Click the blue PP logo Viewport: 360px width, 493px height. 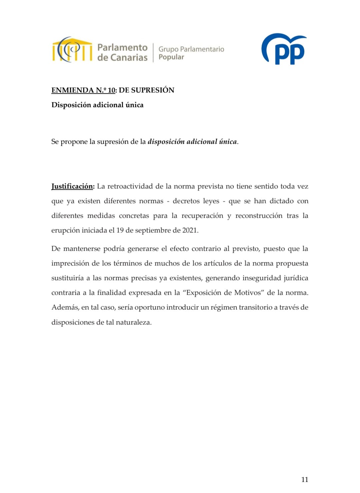pyautogui.click(x=284, y=49)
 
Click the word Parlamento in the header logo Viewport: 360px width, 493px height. pyautogui.click(x=122, y=48)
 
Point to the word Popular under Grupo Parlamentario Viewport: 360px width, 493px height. pyautogui.click(x=171, y=57)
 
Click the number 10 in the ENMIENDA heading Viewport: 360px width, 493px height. pyautogui.click(x=111, y=90)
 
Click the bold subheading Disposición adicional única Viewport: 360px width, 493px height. pyautogui.click(x=97, y=105)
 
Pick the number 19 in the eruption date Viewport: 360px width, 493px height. pyautogui.click(x=120, y=230)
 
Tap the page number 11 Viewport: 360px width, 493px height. pyautogui.click(x=305, y=480)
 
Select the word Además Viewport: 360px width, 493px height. pyautogui.click(x=65, y=307)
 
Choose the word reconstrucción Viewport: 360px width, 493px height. pyautogui.click(x=259, y=216)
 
